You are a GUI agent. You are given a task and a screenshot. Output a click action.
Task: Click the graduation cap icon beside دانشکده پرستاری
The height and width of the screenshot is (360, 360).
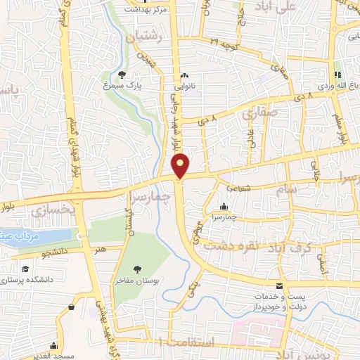[x=25, y=269]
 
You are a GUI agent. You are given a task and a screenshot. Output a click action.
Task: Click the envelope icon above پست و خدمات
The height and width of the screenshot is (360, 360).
[x=280, y=286]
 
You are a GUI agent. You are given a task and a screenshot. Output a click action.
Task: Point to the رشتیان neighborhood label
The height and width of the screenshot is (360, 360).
[x=145, y=34]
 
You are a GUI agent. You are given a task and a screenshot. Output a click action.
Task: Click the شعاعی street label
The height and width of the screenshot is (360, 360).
[x=239, y=188]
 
